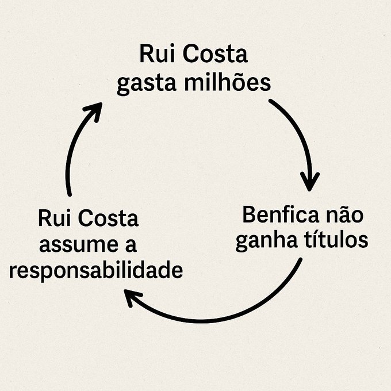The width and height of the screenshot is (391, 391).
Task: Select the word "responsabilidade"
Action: (x=96, y=270)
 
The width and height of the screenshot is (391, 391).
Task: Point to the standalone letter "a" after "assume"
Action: (x=130, y=246)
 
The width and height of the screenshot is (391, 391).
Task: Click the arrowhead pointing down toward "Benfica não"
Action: (x=310, y=183)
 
